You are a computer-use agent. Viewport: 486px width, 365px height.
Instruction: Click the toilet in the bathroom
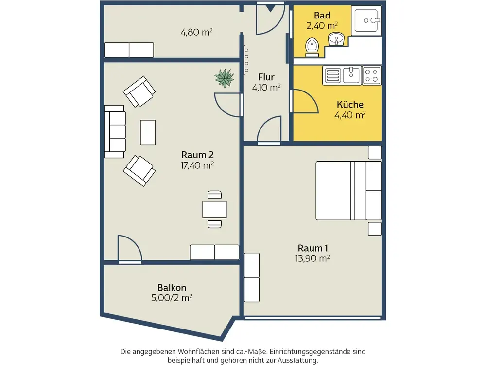312,48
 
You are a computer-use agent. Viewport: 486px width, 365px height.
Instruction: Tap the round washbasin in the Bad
336,39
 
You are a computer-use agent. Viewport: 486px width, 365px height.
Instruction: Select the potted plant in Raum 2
224,78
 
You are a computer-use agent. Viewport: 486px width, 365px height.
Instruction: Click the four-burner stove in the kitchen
371,75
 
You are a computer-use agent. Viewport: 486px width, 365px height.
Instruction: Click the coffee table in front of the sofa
148,132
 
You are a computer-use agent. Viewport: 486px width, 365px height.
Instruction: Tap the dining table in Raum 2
214,209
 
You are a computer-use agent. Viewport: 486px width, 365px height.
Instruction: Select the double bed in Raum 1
348,191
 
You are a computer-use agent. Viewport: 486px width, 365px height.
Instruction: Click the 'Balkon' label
172,288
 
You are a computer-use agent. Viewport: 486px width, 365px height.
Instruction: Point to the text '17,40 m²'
197,165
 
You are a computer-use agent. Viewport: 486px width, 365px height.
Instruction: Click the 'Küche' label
350,104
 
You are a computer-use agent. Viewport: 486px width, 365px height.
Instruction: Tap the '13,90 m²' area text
312,258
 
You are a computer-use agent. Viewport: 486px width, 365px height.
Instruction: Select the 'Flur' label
266,77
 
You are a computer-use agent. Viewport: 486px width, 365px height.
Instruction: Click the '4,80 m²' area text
196,32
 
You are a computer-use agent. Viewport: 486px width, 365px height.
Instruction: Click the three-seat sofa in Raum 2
115,131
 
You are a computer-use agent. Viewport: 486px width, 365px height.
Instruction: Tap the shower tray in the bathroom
366,20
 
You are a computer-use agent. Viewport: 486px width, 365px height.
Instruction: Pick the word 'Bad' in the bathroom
322,15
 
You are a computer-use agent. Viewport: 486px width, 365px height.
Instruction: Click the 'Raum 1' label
312,248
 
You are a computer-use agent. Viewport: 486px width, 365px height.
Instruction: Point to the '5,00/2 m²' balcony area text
172,298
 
